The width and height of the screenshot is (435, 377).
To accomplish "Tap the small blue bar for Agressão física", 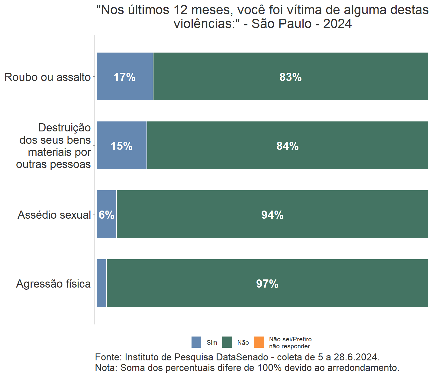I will [101, 283].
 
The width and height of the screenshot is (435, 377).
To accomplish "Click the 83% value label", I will [290, 77].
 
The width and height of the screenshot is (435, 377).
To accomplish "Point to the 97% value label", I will [267, 284].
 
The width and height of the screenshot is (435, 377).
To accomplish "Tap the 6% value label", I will [106, 215].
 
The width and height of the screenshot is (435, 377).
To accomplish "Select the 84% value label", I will [287, 146].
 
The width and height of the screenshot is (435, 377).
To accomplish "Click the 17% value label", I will [124, 77].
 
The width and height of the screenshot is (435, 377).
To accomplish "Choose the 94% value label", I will [272, 215].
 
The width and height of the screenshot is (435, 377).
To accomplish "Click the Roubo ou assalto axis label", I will [47, 77].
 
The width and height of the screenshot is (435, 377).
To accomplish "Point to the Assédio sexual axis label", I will [54, 215].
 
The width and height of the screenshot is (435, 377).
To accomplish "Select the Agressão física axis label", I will [53, 284].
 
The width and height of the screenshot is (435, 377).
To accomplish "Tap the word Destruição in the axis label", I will [64, 128].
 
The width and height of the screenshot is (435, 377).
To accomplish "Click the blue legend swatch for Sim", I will [196, 342].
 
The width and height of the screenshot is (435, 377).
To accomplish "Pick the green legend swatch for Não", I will [227, 342].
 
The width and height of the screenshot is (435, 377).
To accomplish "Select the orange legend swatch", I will [259, 342].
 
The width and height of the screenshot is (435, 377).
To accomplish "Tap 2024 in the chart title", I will [337, 24].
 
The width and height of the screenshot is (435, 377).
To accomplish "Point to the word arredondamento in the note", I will [362, 368].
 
